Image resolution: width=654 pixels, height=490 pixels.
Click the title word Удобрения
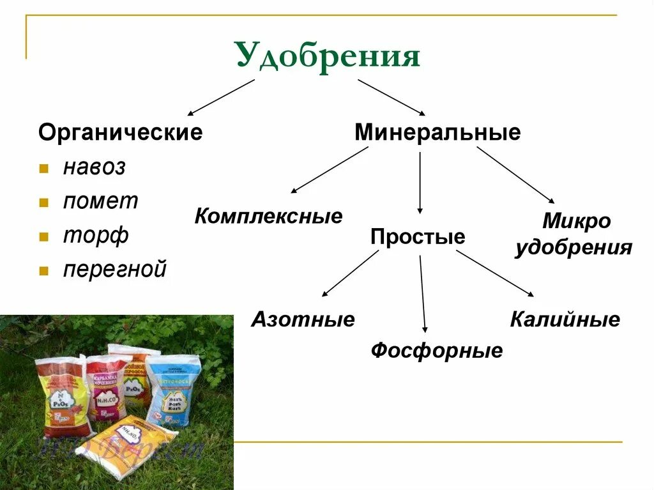(328, 56)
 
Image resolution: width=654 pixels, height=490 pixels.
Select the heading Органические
(120, 133)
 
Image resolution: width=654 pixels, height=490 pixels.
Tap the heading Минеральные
(437, 133)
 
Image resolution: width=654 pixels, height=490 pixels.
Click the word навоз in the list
(94, 168)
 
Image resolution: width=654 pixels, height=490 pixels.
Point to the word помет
(100, 201)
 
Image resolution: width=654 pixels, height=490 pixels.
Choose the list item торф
(96, 235)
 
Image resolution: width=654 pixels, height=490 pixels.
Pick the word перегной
(114, 269)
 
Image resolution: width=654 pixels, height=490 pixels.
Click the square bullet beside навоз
(43, 169)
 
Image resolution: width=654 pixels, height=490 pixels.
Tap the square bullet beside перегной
(43, 270)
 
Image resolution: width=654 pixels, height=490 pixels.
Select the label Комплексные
(268, 216)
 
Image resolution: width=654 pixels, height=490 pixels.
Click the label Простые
(418, 237)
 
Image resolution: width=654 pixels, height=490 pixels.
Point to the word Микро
(576, 222)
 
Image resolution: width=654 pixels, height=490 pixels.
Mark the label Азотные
(303, 319)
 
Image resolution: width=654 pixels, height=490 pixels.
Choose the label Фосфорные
(437, 350)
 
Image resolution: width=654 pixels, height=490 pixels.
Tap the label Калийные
(565, 319)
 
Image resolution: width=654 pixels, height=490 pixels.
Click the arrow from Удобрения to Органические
(221, 97)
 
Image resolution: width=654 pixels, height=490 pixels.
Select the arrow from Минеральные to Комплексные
(330, 170)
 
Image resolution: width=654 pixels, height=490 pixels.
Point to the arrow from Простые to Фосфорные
(422, 293)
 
